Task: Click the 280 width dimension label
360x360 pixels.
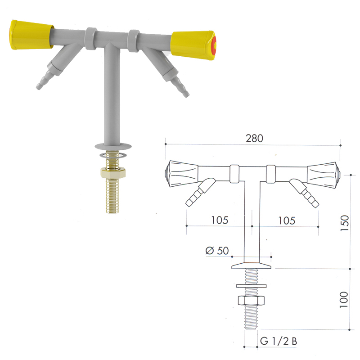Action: [254, 138]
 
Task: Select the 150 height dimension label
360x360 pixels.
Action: [344, 223]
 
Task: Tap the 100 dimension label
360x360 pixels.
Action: [344, 300]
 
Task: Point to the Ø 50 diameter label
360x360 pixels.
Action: [217, 251]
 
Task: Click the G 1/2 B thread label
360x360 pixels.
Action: [279, 341]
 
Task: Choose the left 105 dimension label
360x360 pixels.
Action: [220, 220]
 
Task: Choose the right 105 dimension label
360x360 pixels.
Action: [287, 220]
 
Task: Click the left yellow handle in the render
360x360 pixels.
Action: [31, 35]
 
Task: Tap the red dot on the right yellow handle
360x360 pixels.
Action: [214, 45]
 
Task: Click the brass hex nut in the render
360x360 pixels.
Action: [113, 173]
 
